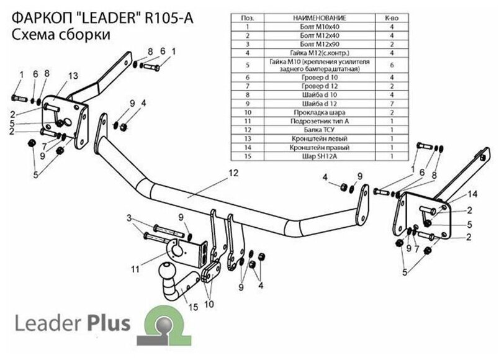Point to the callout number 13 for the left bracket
click(x=73, y=75)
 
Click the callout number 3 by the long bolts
click(x=129, y=217)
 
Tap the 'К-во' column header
click(x=392, y=20)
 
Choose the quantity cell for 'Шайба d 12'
click(x=392, y=104)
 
